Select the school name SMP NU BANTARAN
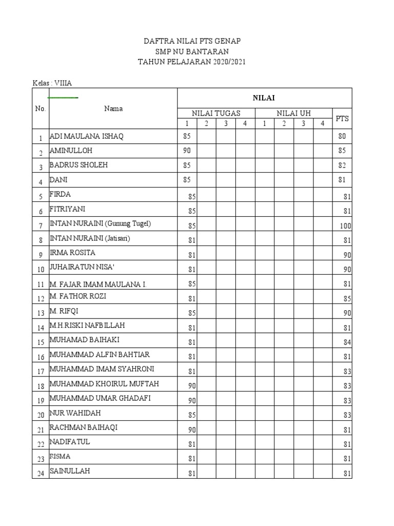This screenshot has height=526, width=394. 192,52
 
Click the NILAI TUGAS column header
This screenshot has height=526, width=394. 216,113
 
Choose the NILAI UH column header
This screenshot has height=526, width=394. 293,113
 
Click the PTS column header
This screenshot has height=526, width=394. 342,118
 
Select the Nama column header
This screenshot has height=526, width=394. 113,108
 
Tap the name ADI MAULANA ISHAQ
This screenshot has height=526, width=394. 87,136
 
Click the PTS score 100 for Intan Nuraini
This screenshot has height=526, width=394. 345,225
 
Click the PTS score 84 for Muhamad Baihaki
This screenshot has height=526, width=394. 347,342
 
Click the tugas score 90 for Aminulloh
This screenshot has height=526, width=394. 187,151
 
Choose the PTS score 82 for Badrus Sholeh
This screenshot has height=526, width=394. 342,165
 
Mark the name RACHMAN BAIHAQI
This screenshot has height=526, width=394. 83,427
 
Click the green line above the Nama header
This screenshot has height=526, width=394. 63,97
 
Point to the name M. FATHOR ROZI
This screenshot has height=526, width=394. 78,296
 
